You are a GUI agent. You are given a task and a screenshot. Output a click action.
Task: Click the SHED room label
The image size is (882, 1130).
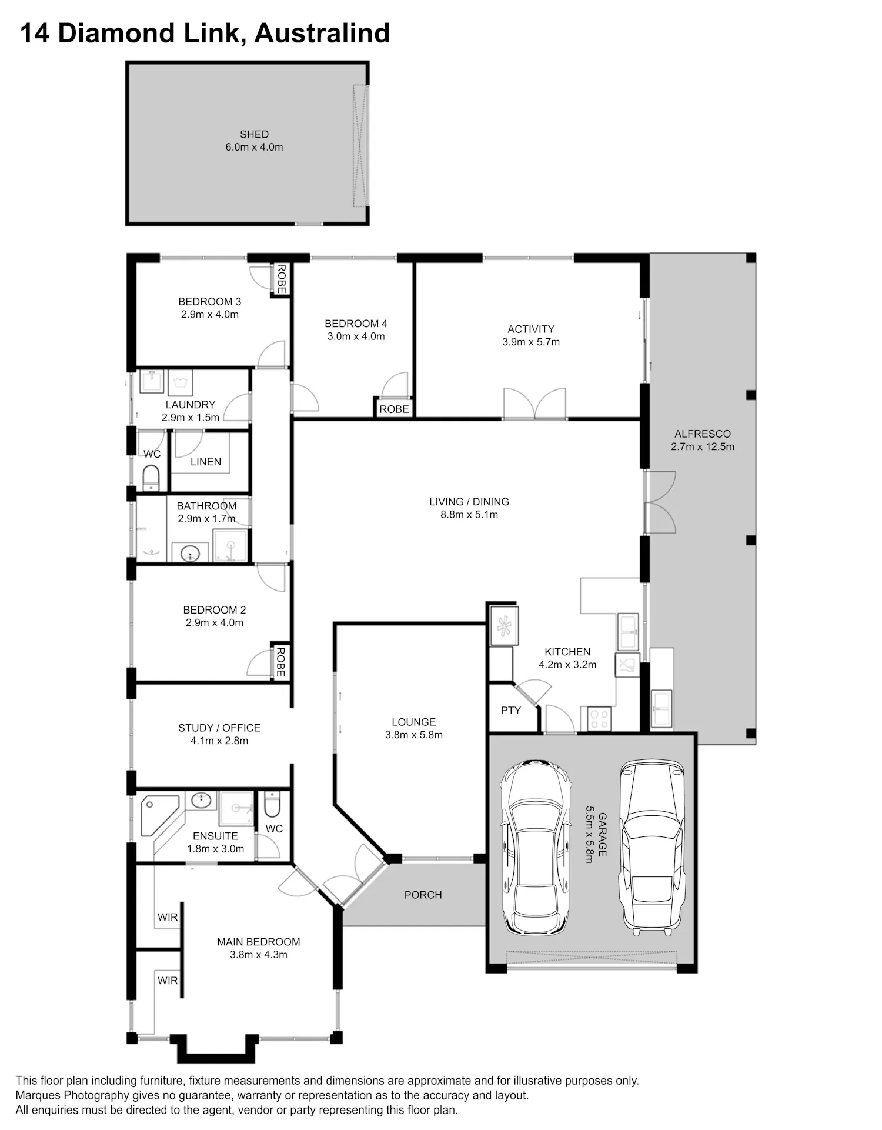(254, 134)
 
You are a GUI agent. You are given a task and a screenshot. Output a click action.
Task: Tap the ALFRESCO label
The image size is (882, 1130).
(703, 434)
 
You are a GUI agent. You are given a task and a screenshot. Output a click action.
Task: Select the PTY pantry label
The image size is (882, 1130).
(510, 710)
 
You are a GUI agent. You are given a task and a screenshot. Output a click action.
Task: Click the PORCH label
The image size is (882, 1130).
(423, 895)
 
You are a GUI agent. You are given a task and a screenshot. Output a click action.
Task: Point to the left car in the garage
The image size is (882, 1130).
(535, 847)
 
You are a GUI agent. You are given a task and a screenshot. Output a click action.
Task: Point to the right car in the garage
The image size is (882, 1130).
(652, 847)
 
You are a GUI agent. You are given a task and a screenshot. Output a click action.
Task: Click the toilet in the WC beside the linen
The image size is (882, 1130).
(151, 478)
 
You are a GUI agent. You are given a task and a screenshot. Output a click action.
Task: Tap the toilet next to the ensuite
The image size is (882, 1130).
(272, 805)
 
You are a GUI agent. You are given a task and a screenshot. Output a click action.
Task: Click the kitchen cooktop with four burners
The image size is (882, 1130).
(599, 719)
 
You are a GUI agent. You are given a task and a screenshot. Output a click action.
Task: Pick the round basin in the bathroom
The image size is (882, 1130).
(190, 554)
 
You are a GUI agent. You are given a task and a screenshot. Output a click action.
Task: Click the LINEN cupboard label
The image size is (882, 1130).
(206, 462)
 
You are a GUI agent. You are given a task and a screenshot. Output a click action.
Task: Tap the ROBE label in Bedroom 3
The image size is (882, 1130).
(281, 279)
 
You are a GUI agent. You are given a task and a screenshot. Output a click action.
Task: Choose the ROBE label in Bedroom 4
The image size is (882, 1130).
(394, 409)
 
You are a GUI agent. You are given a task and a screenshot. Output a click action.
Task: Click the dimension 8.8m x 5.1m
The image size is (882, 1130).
(469, 515)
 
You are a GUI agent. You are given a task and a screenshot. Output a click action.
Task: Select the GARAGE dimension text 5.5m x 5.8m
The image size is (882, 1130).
(589, 834)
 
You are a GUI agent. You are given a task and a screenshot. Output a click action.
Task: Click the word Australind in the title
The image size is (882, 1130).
(322, 33)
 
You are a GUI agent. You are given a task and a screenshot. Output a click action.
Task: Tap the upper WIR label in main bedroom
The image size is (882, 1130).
(168, 917)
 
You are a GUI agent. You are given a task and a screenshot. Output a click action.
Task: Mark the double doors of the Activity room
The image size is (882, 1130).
(534, 404)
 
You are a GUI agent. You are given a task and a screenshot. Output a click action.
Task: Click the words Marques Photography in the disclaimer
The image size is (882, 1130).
(72, 1095)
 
